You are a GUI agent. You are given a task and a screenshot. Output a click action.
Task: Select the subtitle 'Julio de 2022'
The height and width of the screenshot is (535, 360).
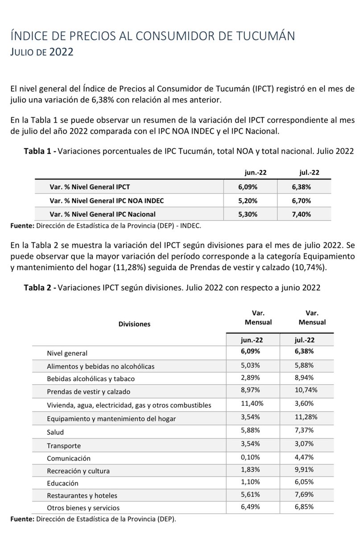42,52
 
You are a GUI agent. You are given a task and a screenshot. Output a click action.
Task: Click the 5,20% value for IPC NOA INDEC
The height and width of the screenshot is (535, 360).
247,200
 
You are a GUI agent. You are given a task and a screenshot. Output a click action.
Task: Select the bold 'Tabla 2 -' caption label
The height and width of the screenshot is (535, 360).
40,288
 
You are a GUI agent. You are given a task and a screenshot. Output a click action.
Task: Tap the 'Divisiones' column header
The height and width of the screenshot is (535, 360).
134,324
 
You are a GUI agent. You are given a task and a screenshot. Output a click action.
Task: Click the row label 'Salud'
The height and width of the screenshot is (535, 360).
56,432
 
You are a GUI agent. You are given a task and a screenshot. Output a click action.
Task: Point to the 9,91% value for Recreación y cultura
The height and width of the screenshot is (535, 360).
305,469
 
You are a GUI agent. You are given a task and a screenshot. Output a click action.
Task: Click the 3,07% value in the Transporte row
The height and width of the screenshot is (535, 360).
305,444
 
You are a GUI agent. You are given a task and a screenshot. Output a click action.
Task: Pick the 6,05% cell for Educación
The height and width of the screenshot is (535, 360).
305,482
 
